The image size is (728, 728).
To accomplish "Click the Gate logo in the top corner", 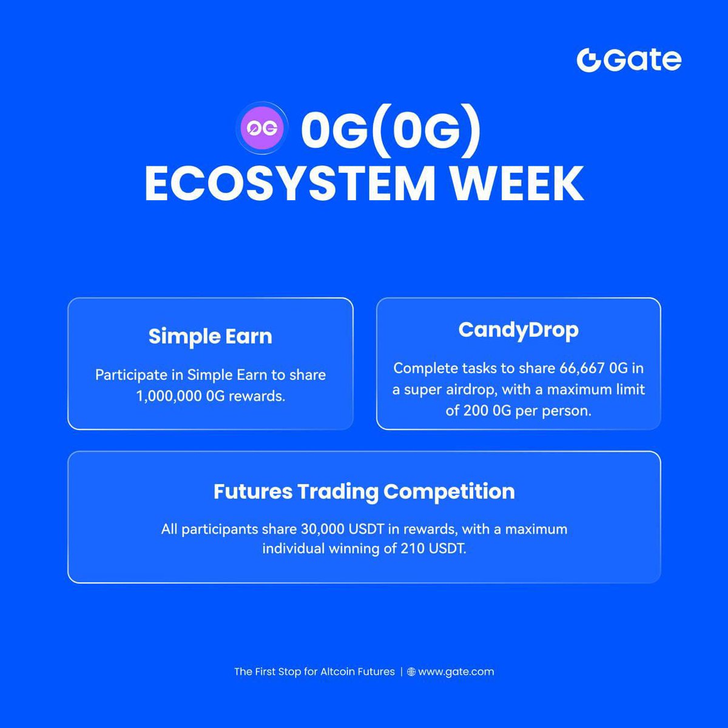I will pyautogui.click(x=629, y=60).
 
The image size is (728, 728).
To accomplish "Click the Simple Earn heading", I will pyautogui.click(x=210, y=336).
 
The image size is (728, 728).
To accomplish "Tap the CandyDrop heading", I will pyautogui.click(x=518, y=330).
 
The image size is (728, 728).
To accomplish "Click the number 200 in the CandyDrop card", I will pyautogui.click(x=476, y=411).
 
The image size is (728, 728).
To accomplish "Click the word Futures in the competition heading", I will pyautogui.click(x=252, y=491).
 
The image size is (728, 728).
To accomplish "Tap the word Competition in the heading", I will pyautogui.click(x=449, y=491).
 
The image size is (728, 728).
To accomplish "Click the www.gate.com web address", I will pyautogui.click(x=456, y=672).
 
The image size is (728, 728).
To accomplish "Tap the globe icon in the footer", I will pyautogui.click(x=411, y=672).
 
